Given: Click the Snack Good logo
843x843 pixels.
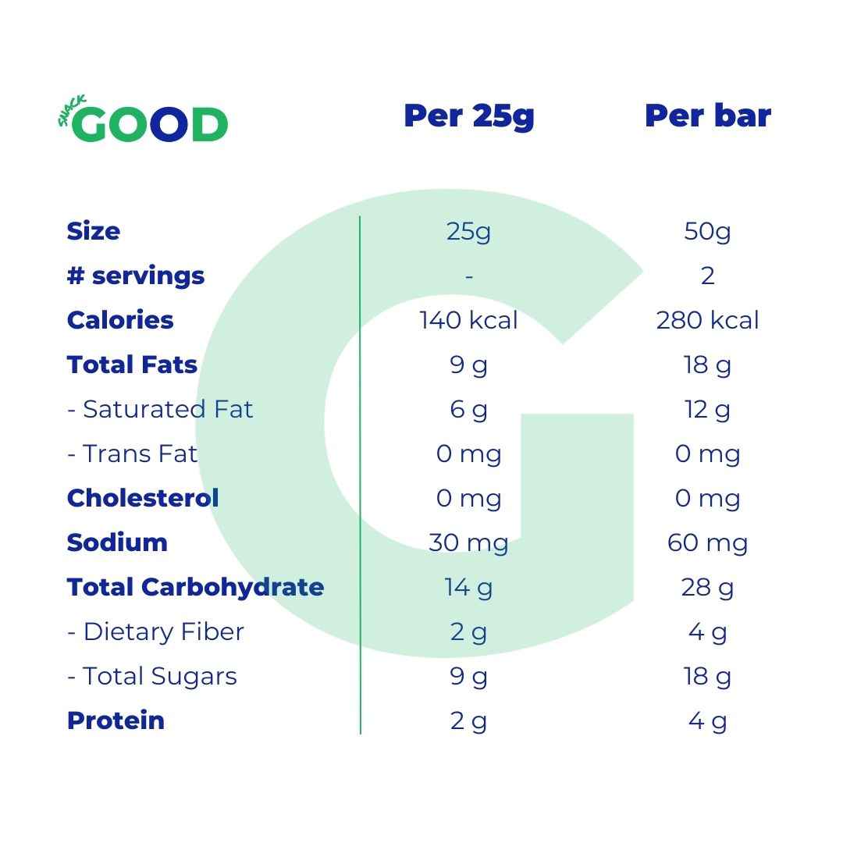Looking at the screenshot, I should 144,122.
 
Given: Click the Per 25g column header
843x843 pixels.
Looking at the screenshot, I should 468,116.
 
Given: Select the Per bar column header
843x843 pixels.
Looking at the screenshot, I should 707,116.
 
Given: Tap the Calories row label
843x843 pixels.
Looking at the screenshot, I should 120,320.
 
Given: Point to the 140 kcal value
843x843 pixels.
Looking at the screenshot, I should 468,320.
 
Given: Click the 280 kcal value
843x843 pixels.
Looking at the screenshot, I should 707,320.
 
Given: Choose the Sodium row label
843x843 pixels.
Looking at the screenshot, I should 117,542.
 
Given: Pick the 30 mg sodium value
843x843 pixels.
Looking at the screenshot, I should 468,542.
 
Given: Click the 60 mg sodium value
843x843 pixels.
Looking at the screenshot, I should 707,542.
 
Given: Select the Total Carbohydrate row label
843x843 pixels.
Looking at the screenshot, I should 195,587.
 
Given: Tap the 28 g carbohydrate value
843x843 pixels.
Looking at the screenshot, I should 707,587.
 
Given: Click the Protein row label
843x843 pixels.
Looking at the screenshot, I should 116,720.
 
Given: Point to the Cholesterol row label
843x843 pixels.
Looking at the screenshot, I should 143,498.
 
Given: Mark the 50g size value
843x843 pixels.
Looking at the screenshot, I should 707,231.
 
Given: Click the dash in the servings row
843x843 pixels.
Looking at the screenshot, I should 468,276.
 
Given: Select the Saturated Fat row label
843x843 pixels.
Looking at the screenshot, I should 160,409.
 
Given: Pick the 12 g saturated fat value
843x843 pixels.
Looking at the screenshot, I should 707,409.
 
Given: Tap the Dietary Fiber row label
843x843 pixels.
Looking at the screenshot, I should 155,631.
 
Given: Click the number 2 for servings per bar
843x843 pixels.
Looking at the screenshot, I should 707,276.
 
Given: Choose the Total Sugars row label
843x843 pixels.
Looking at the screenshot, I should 152,676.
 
